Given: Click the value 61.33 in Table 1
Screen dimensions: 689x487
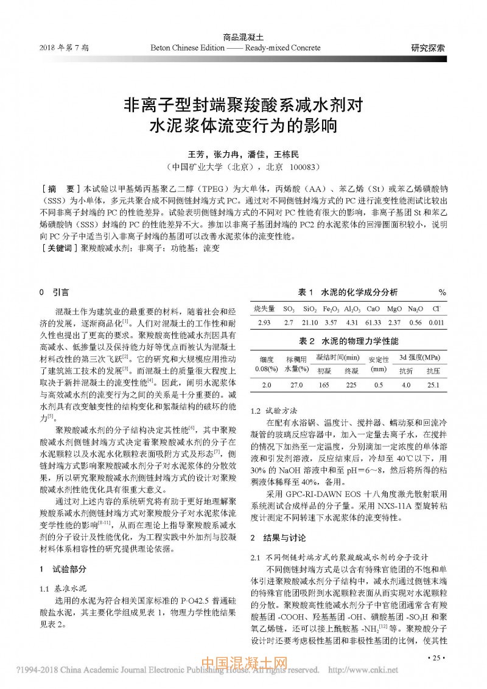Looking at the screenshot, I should click(x=374, y=323).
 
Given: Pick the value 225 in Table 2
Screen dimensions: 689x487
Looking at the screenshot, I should click(x=351, y=385).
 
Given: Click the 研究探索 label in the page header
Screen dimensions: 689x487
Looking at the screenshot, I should click(x=428, y=48).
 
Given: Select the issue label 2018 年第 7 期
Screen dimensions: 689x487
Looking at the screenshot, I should click(x=65, y=48).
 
